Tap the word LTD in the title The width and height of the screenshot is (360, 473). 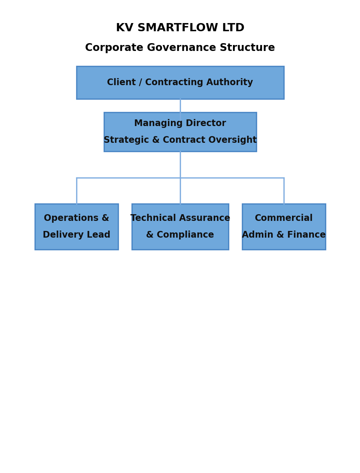[x=233, y=28]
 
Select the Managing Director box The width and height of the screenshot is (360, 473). [x=180, y=132]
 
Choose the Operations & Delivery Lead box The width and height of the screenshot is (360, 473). [x=77, y=226]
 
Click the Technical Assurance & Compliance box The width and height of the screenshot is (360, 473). [x=180, y=226]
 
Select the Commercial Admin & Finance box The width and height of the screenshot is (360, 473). [x=284, y=226]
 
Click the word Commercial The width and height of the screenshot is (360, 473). [x=284, y=218]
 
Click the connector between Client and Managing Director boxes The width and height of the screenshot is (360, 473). [x=180, y=106]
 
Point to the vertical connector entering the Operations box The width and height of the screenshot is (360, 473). [x=77, y=191]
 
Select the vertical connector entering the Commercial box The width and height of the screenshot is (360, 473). [x=284, y=191]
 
